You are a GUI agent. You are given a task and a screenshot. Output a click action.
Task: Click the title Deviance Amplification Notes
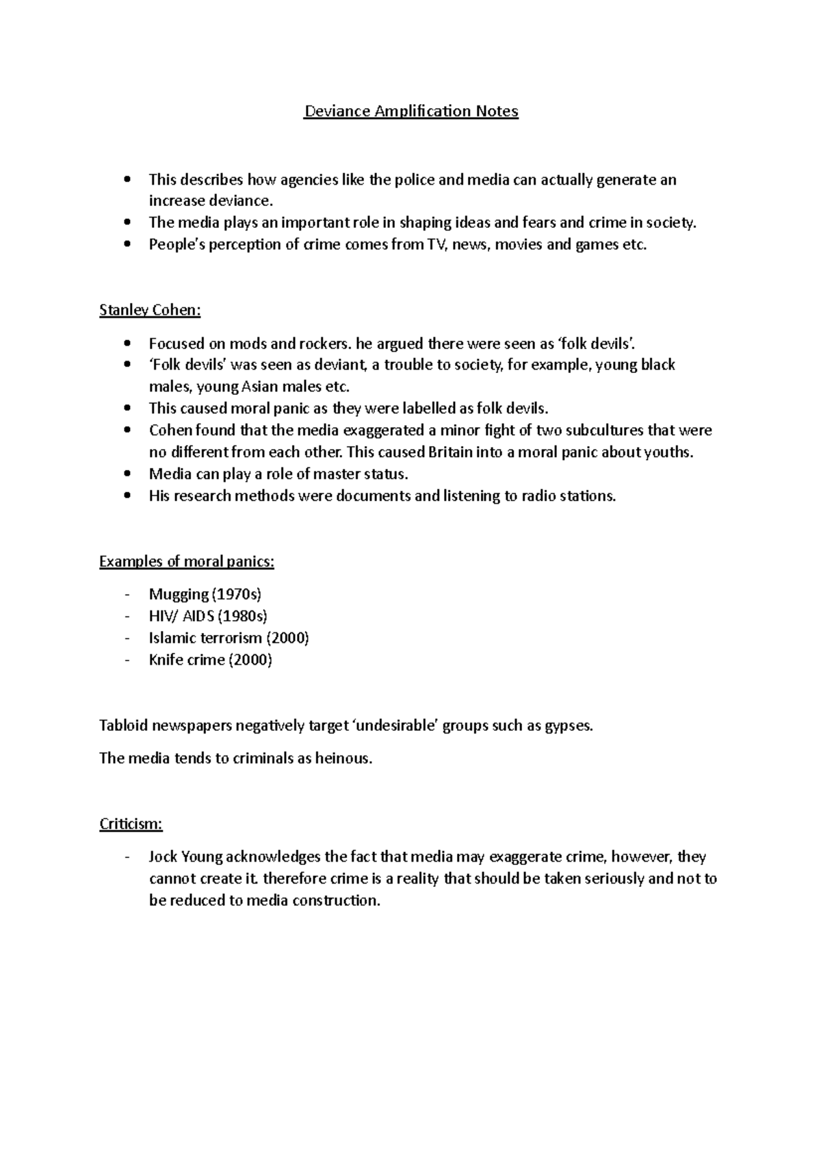pos(411,111)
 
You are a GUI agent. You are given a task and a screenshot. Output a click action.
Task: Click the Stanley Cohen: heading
pos(150,310)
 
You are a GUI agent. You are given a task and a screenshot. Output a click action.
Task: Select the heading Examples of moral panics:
pos(187,562)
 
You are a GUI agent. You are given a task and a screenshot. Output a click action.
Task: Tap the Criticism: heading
pos(131,824)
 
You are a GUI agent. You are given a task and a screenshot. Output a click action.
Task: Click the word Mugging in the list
pos(179,595)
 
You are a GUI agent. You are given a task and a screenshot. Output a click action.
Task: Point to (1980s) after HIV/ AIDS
pos(242,617)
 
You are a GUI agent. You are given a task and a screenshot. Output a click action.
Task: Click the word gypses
pos(568,726)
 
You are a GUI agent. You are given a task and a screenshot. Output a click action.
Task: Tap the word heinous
pos(343,759)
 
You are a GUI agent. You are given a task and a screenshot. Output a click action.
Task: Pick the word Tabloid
pos(123,726)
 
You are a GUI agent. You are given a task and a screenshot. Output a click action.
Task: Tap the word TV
pos(436,245)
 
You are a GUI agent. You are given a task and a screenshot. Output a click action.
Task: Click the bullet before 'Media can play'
pos(127,474)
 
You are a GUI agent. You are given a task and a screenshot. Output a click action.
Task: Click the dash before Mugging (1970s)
pos(127,595)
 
